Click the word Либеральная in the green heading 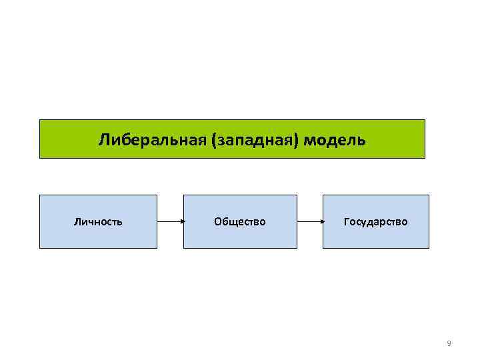(152, 140)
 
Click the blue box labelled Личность (98, 221)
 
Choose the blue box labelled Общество (240, 221)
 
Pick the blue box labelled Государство (376, 221)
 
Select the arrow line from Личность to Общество (169, 221)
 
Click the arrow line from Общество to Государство (309, 221)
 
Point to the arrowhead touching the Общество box (181, 221)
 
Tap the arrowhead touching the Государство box (321, 221)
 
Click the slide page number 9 (449, 343)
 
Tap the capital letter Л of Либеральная (104, 140)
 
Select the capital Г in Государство (346, 221)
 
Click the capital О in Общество (217, 221)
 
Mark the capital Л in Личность (77, 221)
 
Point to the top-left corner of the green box (40, 120)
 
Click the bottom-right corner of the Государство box (429, 248)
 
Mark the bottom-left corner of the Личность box (40, 248)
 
